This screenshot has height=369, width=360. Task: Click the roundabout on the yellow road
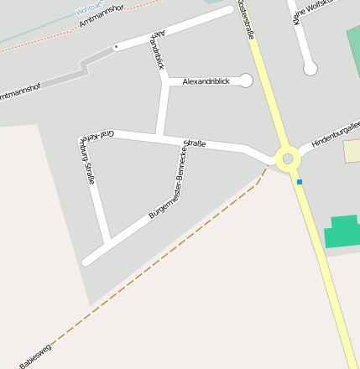(288, 158)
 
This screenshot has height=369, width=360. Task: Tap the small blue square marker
(300, 181)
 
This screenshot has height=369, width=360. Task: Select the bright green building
(342, 231)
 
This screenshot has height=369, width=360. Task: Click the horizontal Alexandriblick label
(206, 81)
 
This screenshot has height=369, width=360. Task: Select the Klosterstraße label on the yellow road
(246, 18)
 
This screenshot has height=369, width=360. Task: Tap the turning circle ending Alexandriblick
(246, 81)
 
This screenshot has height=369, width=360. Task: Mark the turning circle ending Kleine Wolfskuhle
(310, 68)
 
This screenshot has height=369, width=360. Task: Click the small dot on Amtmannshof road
(116, 46)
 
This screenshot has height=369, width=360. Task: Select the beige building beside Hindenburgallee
(352, 152)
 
